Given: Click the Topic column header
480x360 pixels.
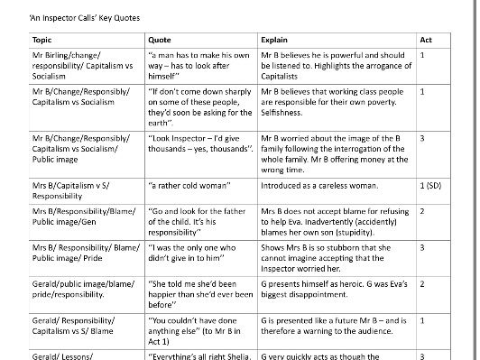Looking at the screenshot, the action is point(42,41).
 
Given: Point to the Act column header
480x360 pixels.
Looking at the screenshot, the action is point(426,41).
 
